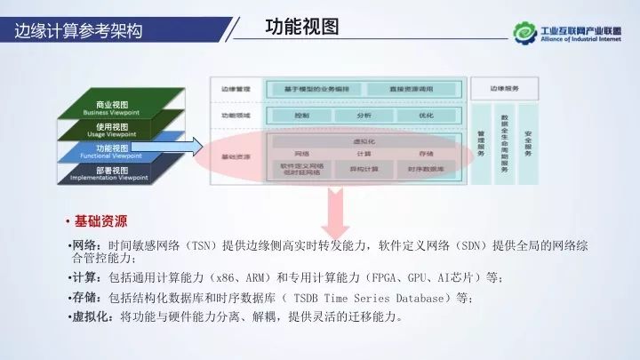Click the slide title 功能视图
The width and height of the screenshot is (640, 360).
[302, 27]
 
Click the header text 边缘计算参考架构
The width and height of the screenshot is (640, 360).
[78, 32]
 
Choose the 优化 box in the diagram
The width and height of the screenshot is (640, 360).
[426, 116]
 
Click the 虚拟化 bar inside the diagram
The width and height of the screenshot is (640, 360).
[364, 140]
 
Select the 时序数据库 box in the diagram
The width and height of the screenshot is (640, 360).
[426, 168]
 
